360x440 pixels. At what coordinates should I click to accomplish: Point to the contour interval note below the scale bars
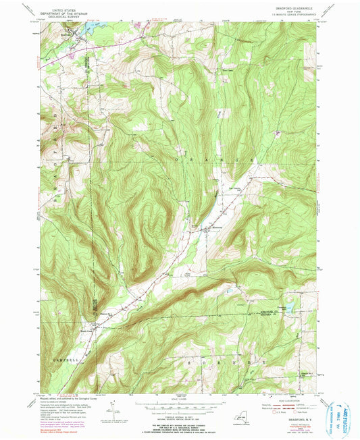pyautogui.click(x=180, y=415)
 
